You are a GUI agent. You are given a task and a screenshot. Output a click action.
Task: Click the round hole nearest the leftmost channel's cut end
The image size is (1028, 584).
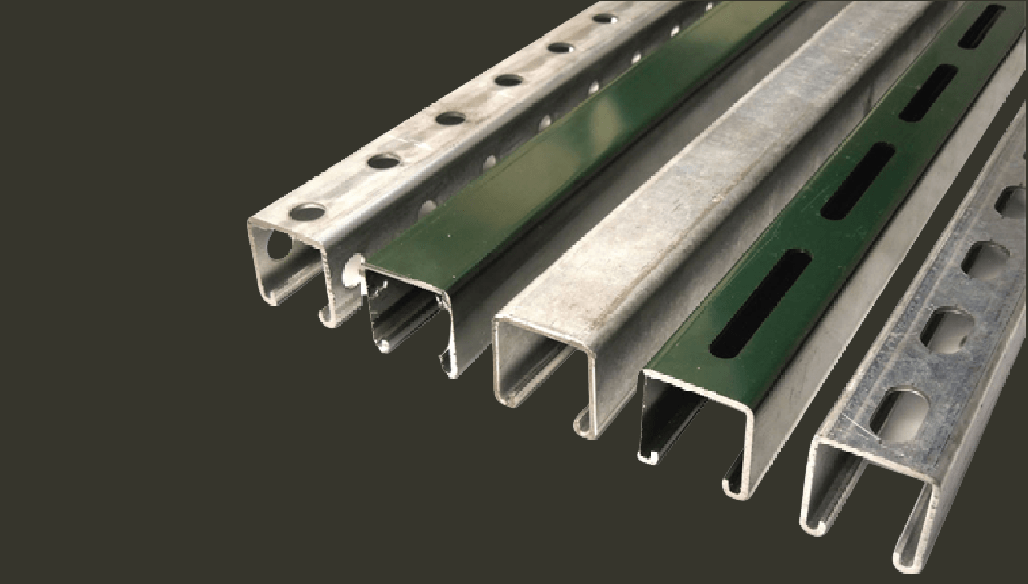[x=307, y=213]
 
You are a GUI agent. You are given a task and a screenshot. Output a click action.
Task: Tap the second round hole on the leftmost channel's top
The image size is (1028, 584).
[x=384, y=161]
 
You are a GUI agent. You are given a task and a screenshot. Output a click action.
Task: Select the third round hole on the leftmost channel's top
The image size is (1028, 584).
[x=450, y=118]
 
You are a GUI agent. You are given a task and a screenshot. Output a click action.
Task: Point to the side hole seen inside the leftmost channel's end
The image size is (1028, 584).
[x=279, y=245]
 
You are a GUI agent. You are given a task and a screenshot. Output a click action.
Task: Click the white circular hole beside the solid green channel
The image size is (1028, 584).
[x=351, y=271]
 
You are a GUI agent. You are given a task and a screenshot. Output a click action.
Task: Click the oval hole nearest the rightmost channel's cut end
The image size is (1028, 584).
[x=899, y=416]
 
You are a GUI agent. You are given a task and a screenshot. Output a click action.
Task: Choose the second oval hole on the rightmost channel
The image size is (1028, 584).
[x=947, y=329]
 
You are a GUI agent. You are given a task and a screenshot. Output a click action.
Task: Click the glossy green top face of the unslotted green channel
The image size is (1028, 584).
[x=514, y=185]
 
